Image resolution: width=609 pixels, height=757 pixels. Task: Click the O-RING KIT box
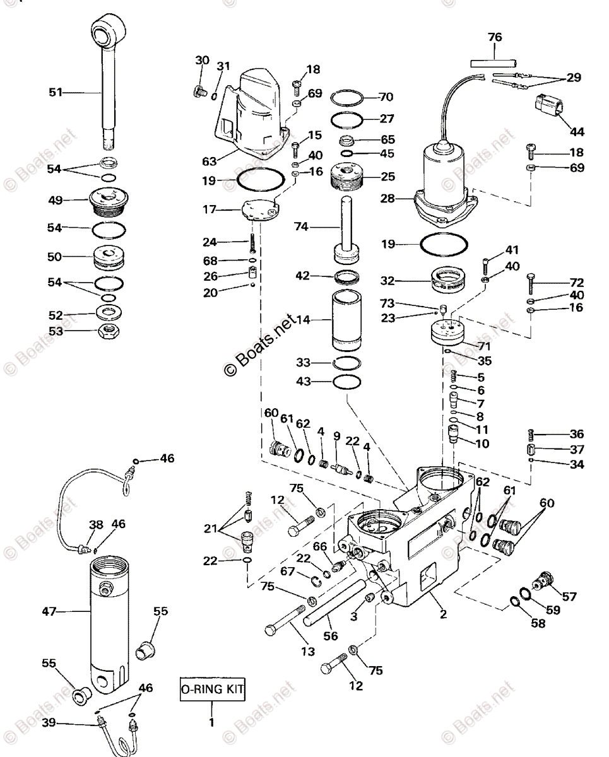coord(211,690)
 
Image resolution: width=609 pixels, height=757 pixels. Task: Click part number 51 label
coord(56,92)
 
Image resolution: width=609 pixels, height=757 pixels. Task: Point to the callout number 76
coord(495,37)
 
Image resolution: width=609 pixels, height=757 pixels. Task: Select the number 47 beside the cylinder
coord(49,611)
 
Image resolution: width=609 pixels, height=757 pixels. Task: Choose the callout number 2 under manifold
coord(444,614)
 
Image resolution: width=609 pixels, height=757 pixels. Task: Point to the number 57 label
coord(569,596)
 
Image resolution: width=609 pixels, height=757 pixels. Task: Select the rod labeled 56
coord(334,602)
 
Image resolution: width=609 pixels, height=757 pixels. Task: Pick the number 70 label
coord(386,97)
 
